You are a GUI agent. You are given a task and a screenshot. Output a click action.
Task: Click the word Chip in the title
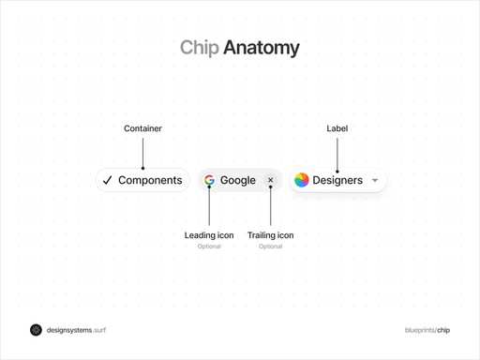[x=199, y=48]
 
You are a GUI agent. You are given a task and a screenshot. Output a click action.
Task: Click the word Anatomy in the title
[x=262, y=48]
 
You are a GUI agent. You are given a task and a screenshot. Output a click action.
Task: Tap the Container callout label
[x=142, y=128]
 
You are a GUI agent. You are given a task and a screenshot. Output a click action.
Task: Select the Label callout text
[x=337, y=128]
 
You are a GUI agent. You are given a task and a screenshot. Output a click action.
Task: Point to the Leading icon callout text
[x=209, y=235]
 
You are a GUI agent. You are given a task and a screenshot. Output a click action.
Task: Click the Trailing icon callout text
[x=270, y=235]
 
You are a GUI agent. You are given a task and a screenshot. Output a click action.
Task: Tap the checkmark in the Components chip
[x=108, y=180]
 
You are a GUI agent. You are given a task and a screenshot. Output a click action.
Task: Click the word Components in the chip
[x=150, y=180]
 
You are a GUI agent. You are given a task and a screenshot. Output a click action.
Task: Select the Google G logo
[x=209, y=180]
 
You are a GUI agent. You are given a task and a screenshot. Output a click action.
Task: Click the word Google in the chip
[x=238, y=180]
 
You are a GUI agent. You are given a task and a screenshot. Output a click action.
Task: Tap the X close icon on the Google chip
[x=271, y=180]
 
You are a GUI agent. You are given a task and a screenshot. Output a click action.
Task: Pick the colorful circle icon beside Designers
[x=302, y=180]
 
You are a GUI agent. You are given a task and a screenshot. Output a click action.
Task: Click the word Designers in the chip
[x=337, y=180]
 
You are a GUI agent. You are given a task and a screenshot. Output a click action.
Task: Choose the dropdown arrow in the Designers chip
[x=375, y=181]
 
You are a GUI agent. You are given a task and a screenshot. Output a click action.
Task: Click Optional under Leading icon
[x=209, y=247]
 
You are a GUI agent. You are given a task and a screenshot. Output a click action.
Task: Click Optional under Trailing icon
[x=270, y=247]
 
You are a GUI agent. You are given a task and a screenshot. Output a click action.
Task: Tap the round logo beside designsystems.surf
[x=36, y=330]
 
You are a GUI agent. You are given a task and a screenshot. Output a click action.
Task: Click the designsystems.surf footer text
[x=76, y=330]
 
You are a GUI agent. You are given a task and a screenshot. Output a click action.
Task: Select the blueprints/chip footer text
[x=427, y=330]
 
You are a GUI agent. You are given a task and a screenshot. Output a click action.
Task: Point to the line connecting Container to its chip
[x=142, y=152]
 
